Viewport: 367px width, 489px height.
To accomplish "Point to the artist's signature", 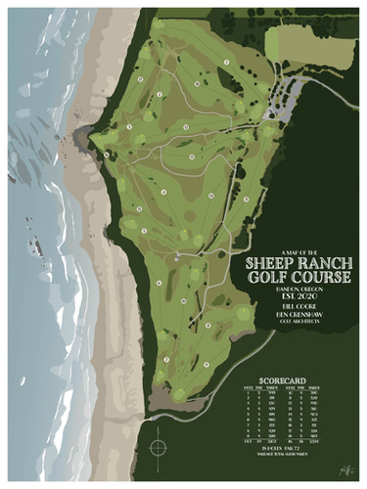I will (x=344, y=469).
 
